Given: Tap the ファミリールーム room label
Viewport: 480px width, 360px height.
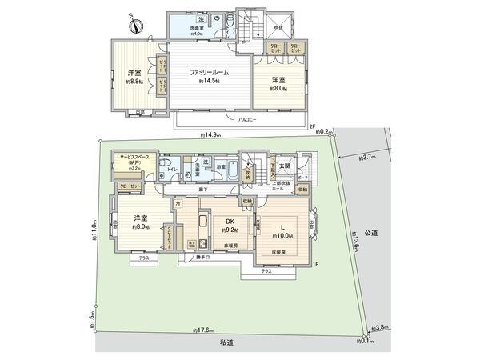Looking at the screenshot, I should coord(210,72).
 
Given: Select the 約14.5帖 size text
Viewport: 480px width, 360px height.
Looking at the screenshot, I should coord(210,81).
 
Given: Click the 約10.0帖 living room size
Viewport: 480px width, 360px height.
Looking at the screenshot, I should coord(282,237).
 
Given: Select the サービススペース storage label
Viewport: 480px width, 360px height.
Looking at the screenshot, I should coord(136,158).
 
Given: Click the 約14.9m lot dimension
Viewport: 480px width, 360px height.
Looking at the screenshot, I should coord(212,136).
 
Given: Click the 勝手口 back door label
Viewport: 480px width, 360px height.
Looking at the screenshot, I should coord(206,258).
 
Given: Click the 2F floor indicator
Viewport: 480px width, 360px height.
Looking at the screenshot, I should coord(314,126).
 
